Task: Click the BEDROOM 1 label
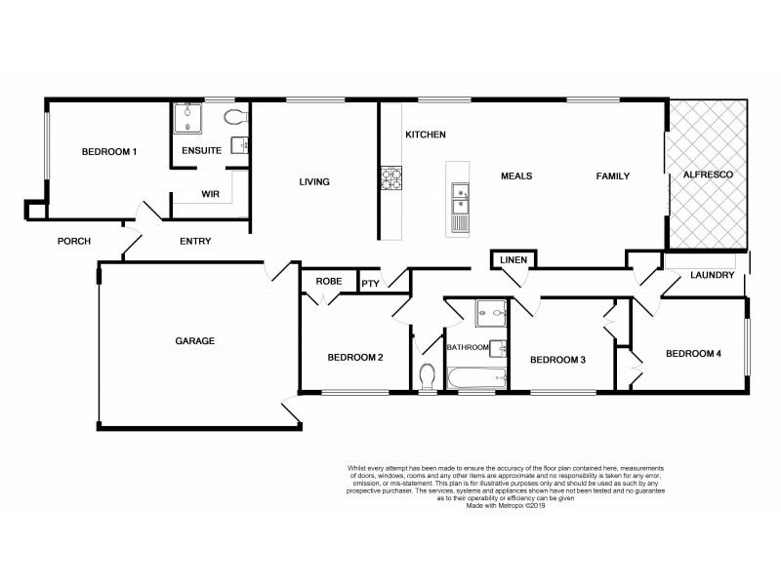coord(108,152)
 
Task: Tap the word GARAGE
coord(194,341)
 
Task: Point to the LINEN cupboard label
coord(513,260)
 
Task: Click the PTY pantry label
coord(370,284)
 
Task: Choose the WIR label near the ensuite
coord(209,194)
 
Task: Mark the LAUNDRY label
coord(712,275)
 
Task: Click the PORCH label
coord(74,241)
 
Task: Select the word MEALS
coord(515,176)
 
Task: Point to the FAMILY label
coord(613,176)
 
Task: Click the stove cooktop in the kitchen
coord(390,178)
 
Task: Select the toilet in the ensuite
coord(234,117)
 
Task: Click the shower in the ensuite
coord(185,119)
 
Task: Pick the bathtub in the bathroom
coord(475,378)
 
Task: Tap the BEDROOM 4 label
coord(693,354)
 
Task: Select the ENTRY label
coord(195,241)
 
